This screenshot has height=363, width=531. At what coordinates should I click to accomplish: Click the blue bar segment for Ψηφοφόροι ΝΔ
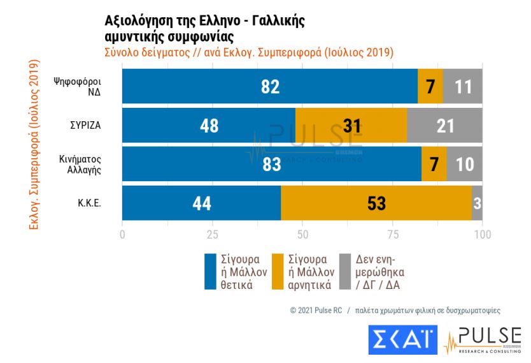click(x=270, y=86)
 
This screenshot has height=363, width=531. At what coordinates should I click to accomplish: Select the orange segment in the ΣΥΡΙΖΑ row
click(x=351, y=126)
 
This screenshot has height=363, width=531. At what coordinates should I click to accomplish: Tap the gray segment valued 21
click(x=444, y=126)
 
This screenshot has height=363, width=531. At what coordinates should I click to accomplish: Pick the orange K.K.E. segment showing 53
click(x=376, y=204)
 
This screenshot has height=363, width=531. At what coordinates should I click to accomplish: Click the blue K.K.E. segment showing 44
click(x=201, y=204)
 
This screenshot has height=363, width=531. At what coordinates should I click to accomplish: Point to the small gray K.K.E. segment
click(x=477, y=204)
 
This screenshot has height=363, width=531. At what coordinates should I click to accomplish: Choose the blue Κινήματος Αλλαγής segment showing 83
click(x=271, y=165)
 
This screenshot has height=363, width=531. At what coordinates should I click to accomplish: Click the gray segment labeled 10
click(x=464, y=165)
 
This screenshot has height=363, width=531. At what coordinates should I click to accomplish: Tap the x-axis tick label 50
click(x=302, y=235)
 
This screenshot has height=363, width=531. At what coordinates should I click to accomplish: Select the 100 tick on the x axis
click(x=483, y=235)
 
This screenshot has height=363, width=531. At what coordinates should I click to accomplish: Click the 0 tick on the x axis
click(x=122, y=235)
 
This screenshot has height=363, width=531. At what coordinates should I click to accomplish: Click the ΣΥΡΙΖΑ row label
click(x=86, y=126)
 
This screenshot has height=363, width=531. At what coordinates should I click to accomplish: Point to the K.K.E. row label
click(x=90, y=204)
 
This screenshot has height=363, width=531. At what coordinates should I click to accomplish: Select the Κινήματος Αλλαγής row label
click(x=85, y=165)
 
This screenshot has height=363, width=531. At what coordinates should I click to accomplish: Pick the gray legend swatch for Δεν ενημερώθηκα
click(x=345, y=272)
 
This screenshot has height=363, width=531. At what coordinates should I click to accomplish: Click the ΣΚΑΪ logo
click(x=402, y=339)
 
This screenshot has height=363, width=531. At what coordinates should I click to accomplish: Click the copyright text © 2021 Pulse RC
click(x=316, y=311)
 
